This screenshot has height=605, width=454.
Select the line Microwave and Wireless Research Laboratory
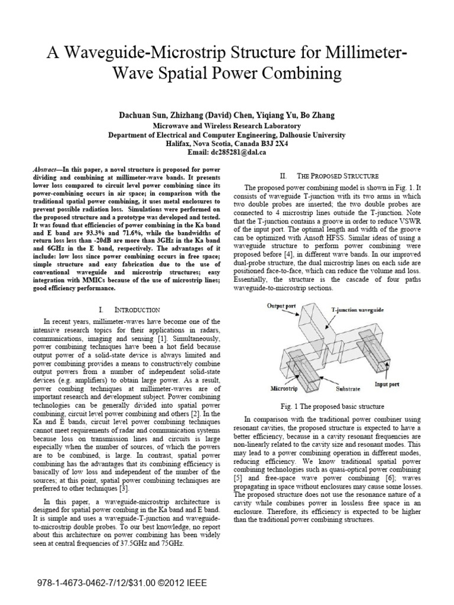click(226, 126)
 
